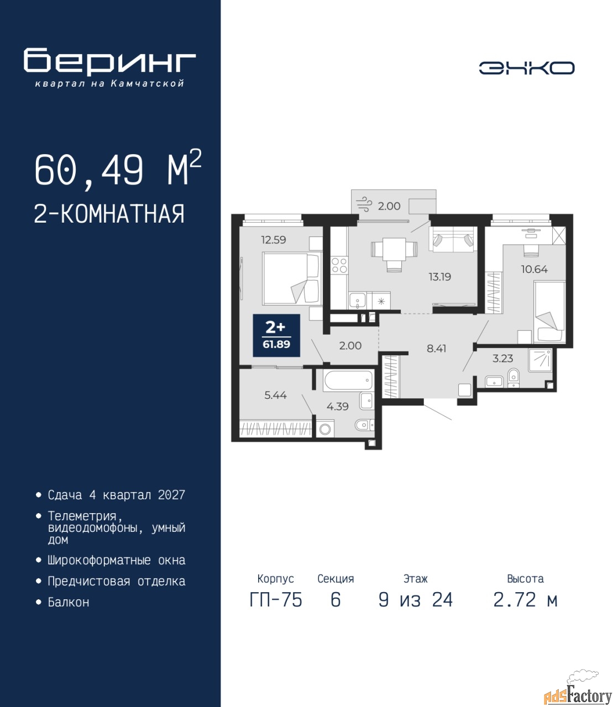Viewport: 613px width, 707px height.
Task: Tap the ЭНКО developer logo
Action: [x=526, y=68]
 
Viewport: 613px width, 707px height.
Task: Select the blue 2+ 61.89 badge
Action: [x=276, y=335]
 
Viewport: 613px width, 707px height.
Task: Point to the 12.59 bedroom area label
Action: [x=274, y=239]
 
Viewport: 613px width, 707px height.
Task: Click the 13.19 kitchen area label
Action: [x=440, y=276]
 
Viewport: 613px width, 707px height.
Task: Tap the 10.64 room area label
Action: [x=535, y=269]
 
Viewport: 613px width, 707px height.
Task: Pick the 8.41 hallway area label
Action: [x=436, y=349]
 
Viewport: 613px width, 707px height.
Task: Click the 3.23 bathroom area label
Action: [x=503, y=358]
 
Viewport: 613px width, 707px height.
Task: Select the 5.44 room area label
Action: [x=275, y=395]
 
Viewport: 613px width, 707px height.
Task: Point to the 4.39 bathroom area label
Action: [x=338, y=407]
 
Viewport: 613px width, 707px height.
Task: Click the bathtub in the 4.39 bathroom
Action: [x=348, y=380]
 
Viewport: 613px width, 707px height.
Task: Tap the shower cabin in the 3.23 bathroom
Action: [x=539, y=360]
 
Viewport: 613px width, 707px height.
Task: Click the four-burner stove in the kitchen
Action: [x=339, y=266]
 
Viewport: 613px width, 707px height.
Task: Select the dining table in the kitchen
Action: [x=394, y=249]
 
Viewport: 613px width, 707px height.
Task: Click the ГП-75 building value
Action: [x=276, y=600]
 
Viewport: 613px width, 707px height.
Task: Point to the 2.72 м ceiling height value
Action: [x=525, y=600]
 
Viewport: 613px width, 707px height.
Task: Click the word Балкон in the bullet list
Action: [x=69, y=602]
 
